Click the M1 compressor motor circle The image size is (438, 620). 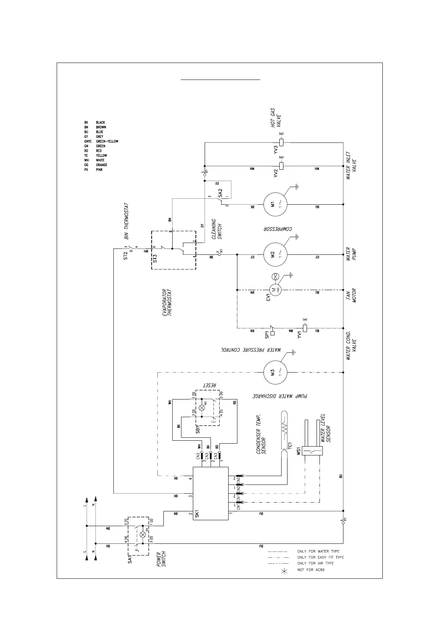point(275,204)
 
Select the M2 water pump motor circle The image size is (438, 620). point(275,254)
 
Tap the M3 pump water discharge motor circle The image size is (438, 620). point(275,373)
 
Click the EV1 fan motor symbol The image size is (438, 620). point(275,290)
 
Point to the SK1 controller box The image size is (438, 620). point(211,493)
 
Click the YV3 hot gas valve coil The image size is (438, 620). point(282,142)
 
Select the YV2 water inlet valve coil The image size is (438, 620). point(282,166)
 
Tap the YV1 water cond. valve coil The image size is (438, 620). point(305,327)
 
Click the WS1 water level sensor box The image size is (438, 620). point(312,451)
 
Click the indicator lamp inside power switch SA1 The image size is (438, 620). point(143,534)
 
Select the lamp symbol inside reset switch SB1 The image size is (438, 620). point(201,408)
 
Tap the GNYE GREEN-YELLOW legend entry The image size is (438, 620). point(101,141)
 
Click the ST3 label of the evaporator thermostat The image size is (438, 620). point(155,258)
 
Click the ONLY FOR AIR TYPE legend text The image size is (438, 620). point(315,563)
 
